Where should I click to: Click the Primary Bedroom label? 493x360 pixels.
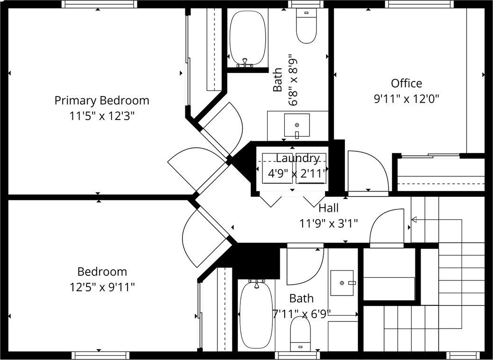point(102,101)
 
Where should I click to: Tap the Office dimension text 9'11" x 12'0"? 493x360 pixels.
point(406,99)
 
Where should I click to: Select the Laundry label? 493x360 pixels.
point(297,158)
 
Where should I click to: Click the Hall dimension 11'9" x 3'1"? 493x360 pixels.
point(328,224)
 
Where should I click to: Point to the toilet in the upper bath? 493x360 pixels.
point(306,25)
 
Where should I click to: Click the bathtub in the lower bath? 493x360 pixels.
point(256,314)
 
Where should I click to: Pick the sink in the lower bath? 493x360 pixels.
point(342,283)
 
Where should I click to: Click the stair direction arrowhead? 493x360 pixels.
point(414,219)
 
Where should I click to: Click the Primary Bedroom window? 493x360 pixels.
point(99,4)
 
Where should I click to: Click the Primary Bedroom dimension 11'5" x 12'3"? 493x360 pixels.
point(102,116)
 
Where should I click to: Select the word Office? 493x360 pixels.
point(406,83)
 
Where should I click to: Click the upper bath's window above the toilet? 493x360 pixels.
point(306,4)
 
